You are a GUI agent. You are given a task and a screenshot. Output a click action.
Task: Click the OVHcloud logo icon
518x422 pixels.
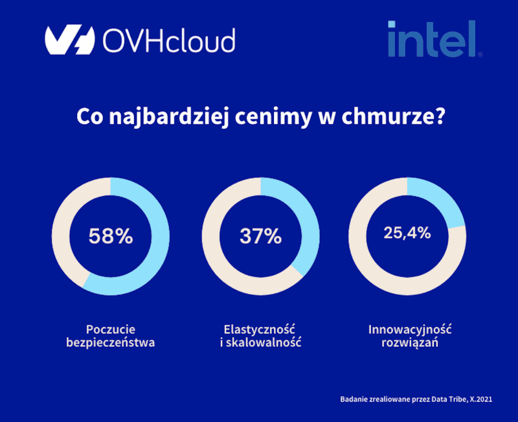[70, 40]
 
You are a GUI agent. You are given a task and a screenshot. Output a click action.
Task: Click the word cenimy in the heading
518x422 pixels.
[270, 118]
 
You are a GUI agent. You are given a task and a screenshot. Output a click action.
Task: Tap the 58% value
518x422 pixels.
[111, 236]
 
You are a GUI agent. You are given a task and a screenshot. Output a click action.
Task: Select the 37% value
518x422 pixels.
[260, 236]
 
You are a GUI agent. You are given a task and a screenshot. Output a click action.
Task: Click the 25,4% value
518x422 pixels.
[407, 233]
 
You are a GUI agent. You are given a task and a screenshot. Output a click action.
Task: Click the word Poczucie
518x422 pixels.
[111, 328]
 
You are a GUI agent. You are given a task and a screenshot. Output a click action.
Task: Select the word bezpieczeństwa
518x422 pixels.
[111, 342]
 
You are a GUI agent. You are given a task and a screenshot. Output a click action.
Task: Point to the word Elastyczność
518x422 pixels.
[260, 328]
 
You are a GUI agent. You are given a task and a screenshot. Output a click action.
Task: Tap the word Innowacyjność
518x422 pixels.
[410, 328]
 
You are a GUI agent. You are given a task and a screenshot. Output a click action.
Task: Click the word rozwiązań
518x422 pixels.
[410, 342]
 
